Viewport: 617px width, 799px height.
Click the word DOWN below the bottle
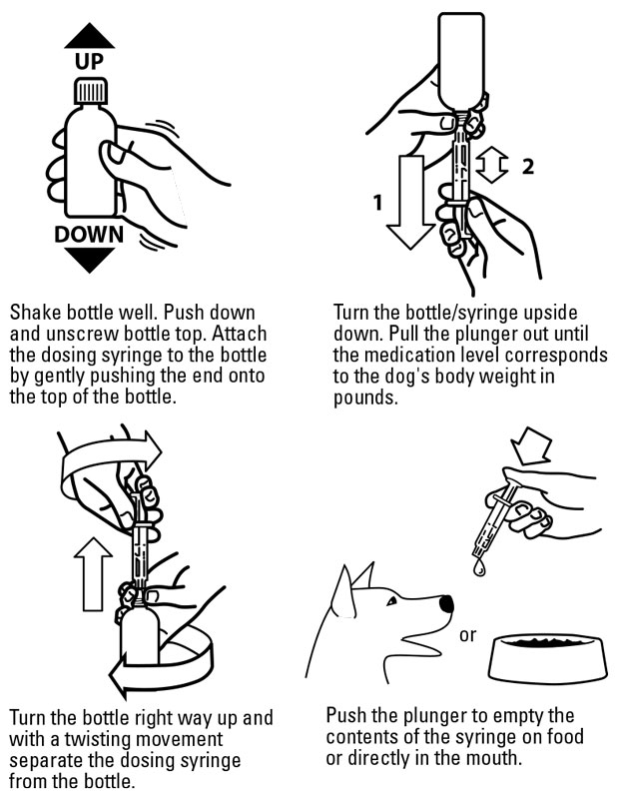(90, 235)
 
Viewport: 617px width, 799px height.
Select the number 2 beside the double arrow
(527, 166)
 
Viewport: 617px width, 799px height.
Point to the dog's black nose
(446, 603)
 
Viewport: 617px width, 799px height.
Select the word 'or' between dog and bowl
(467, 634)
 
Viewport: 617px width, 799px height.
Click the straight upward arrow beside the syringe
(95, 573)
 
